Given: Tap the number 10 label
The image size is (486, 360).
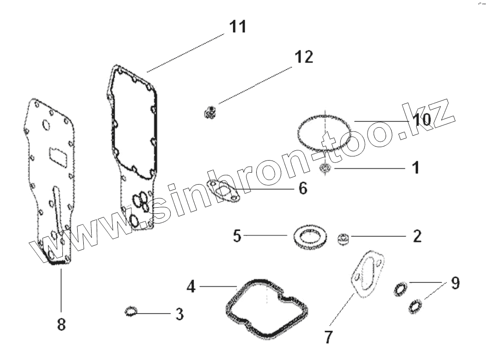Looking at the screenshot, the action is pos(421,119).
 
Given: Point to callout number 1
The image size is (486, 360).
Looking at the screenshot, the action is pos(416,168).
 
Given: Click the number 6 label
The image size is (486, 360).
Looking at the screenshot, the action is pos(302,189).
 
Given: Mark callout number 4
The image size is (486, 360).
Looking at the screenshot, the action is pos(191,287).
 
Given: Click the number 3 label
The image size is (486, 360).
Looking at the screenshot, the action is pos(179,315).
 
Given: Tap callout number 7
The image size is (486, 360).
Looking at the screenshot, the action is pos(328,337).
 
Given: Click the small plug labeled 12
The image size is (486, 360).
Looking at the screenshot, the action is pos(211,112).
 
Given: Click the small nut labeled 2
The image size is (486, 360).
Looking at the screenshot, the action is pos(343,239).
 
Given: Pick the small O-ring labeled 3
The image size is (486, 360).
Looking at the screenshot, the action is pos(131,312).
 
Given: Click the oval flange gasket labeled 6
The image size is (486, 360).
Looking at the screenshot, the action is pos(223,191).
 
